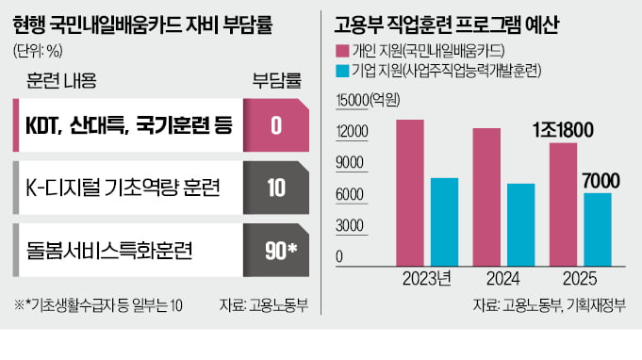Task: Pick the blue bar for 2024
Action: [x=520, y=220]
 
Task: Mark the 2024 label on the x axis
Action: [x=502, y=279]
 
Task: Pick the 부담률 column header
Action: [x=276, y=80]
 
